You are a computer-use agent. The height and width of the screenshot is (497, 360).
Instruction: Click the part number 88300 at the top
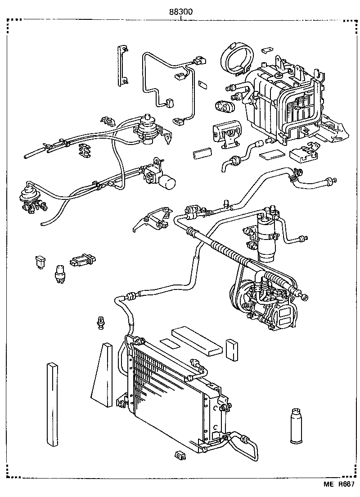coord(181,12)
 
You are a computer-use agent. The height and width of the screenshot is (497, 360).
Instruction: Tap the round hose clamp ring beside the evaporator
coord(235,58)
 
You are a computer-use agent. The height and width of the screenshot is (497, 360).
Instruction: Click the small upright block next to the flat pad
coord(232,350)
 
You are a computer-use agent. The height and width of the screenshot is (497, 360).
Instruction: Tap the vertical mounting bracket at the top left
coord(121,66)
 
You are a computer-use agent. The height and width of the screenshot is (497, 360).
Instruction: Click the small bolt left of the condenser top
coord(101,323)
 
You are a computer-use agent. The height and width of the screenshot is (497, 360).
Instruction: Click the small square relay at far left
coord(40,261)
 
